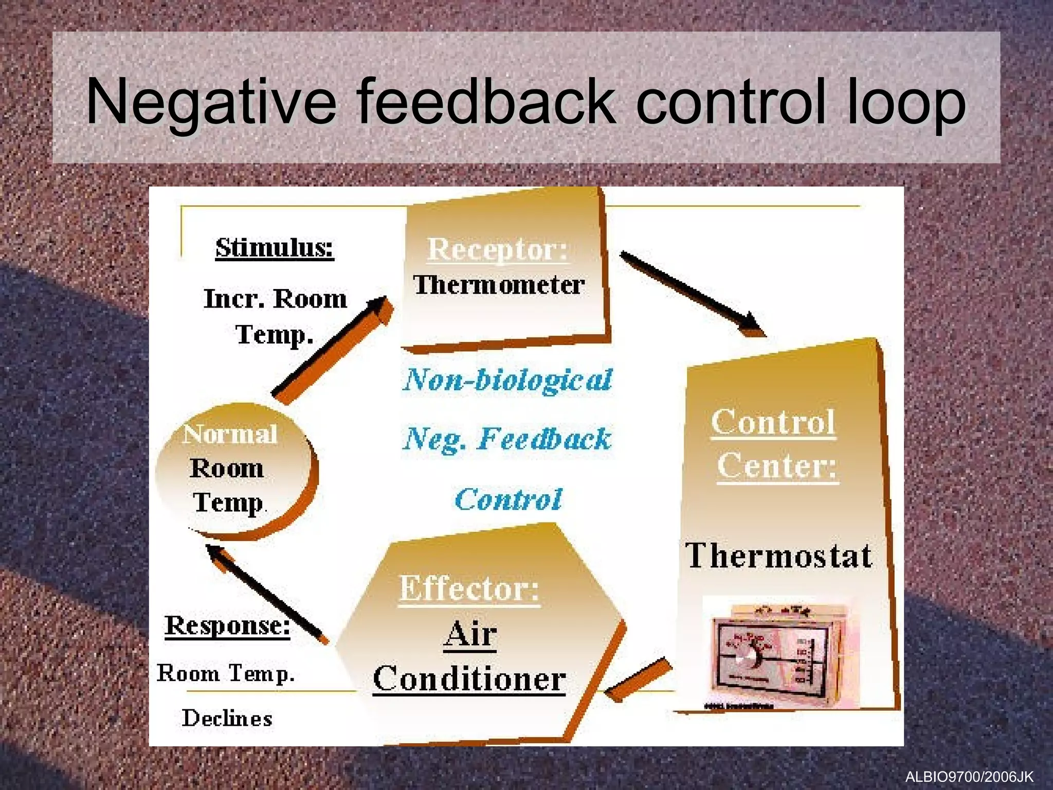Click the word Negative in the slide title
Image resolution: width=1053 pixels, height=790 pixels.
[211, 102]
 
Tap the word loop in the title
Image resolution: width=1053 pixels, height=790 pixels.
[905, 102]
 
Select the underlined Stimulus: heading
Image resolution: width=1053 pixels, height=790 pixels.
[275, 248]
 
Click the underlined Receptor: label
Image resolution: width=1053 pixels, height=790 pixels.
[498, 249]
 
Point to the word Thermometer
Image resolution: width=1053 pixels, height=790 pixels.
[499, 285]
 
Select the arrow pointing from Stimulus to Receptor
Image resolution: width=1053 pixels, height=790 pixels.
[332, 350]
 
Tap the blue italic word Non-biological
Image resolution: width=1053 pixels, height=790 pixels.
[507, 381]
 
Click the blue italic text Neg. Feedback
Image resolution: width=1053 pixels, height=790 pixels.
[507, 439]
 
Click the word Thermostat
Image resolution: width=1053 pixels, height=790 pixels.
[778, 556]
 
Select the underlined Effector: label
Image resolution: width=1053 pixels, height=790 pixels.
[469, 588]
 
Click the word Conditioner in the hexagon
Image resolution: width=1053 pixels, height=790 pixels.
[469, 679]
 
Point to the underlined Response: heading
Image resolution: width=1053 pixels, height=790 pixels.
[227, 626]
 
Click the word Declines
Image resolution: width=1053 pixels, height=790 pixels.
[227, 718]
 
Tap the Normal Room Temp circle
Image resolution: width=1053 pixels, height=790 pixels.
[234, 471]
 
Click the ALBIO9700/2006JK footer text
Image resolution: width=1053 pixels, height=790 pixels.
[969, 777]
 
